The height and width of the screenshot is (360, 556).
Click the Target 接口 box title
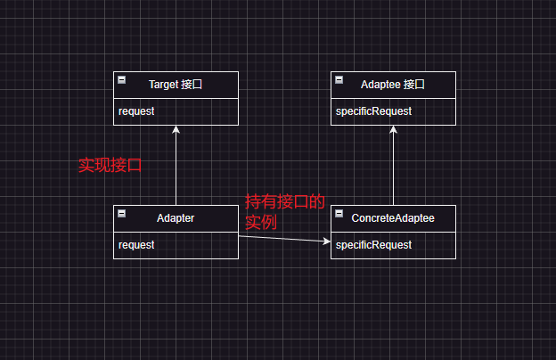point(176,85)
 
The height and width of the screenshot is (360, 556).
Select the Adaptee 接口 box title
point(393,85)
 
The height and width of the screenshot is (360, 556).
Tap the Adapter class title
point(176,218)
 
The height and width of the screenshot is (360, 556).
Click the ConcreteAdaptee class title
point(393,218)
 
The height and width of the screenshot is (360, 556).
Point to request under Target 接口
point(136,111)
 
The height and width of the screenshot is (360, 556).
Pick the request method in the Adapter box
point(136,245)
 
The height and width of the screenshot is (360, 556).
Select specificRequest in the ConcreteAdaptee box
point(373,245)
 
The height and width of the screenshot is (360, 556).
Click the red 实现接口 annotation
point(110,165)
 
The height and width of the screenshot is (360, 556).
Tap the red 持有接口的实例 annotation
point(283,211)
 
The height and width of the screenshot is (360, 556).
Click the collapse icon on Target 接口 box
point(121,80)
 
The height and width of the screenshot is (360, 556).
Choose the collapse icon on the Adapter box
point(121,214)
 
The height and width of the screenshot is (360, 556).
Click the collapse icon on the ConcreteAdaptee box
point(339,214)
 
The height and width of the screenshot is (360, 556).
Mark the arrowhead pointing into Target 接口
point(176,130)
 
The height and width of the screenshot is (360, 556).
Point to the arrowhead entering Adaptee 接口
point(393,130)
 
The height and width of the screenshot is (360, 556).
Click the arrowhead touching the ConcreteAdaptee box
point(325,241)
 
